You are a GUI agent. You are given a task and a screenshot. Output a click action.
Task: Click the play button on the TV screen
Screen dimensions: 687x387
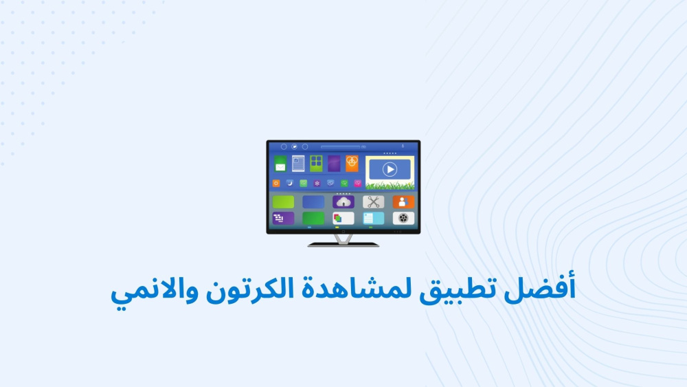point(390,169)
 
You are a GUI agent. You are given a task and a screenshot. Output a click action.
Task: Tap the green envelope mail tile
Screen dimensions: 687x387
point(280,164)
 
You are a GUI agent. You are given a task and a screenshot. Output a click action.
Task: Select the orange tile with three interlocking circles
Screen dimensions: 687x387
point(352,164)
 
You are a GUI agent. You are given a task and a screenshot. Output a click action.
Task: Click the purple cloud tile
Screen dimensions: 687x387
point(343,202)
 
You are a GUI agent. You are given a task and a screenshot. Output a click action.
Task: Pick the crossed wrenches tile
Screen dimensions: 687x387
point(373,202)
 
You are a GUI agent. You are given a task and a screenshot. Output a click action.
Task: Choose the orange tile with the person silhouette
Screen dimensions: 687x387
point(403,202)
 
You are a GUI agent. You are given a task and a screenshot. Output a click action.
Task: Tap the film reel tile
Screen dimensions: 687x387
point(403,219)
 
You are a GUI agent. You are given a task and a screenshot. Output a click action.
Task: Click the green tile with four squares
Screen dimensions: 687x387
point(316,164)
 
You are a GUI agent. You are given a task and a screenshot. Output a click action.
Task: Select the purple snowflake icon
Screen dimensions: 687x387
point(317,184)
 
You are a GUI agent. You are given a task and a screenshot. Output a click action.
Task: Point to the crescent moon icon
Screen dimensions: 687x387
point(290,184)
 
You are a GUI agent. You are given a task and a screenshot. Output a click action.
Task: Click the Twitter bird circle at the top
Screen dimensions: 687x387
point(295,146)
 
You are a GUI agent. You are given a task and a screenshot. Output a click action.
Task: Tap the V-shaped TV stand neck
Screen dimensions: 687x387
point(343,239)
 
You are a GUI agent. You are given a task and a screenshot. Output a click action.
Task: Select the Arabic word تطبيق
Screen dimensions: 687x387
point(454,289)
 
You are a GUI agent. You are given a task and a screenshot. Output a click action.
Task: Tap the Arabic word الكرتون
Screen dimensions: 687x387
point(249,289)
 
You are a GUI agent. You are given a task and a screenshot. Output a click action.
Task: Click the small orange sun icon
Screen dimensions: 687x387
point(276,184)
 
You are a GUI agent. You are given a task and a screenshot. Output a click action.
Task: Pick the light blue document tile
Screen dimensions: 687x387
point(373,219)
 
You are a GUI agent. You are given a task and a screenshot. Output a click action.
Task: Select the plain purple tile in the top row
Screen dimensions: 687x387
point(335,164)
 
